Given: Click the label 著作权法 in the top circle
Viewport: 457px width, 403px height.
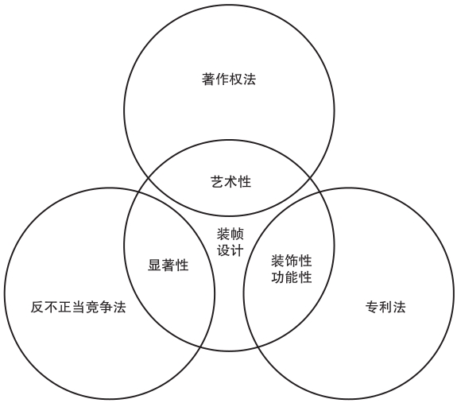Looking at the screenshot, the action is (229, 79).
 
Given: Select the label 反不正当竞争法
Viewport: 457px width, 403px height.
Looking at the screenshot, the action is (78, 307).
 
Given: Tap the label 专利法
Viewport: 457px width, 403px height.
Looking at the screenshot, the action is (385, 307).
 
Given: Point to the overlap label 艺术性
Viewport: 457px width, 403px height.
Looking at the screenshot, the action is (230, 181).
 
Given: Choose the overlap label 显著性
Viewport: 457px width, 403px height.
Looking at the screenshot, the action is (168, 265).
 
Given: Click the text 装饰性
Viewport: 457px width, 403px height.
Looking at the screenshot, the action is (292, 261).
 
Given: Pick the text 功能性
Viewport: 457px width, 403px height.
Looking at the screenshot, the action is (292, 277).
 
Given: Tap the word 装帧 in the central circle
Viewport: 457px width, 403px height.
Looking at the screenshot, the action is (230, 234).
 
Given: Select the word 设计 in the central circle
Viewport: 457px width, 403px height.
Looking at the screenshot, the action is (230, 250).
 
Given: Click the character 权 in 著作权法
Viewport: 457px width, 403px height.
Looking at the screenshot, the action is (235, 79).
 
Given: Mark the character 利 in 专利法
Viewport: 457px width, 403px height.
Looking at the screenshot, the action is (385, 307).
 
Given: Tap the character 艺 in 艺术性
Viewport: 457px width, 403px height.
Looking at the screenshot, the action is (217, 181).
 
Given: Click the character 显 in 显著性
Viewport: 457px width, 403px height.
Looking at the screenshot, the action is (154, 265).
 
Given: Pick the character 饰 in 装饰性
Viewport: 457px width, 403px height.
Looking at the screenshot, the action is (292, 261).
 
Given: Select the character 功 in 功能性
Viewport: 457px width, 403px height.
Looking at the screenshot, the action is (277, 277).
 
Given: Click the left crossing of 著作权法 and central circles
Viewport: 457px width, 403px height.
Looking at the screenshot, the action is (148, 177).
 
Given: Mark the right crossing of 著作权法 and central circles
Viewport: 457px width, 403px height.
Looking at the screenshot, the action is (310, 177).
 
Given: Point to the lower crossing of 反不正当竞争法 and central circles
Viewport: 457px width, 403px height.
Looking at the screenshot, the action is (200, 347).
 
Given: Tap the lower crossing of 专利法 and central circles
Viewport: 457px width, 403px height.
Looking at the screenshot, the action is (258, 347).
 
